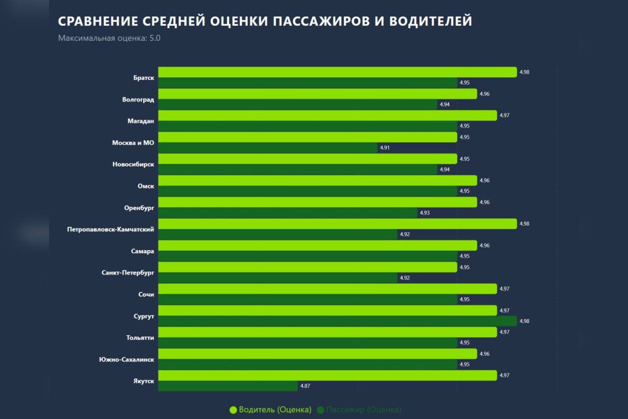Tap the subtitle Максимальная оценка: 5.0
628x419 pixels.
tap(109, 38)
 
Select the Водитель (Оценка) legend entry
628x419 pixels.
tap(270, 410)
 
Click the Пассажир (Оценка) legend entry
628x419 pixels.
tap(359, 410)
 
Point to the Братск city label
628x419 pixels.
tap(143, 78)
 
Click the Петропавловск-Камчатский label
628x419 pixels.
tap(110, 229)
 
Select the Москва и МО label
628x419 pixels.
tap(133, 143)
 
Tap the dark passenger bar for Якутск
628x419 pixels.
tap(228, 386)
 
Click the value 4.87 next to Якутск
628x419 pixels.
tap(305, 386)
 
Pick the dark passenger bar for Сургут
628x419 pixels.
tap(338, 321)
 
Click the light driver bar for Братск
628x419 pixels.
tap(338, 72)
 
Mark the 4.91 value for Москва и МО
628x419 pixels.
tap(385, 148)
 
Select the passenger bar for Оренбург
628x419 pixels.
tap(288, 213)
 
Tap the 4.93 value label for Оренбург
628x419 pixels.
tap(424, 213)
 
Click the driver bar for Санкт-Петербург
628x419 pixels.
tap(308, 267)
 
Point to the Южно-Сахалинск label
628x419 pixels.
tap(127, 360)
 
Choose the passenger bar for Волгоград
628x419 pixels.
tap(298, 105)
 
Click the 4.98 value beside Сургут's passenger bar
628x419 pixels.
tap(524, 321)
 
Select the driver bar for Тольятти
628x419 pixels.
tap(328, 332)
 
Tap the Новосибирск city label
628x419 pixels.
tap(133, 165)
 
